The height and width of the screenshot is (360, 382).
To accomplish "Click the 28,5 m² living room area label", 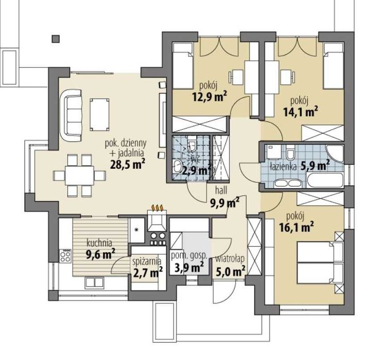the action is coord(128,165).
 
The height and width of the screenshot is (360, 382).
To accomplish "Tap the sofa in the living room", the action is coord(71,115).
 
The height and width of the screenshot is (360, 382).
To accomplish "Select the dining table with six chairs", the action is coord(79,175).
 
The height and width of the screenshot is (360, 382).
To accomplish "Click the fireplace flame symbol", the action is coord(158,208).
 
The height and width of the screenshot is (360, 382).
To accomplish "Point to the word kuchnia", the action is coord(99,243).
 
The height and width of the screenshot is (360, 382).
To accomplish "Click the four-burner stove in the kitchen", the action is coord(65,256).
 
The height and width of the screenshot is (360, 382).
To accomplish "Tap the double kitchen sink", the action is coord(95,282).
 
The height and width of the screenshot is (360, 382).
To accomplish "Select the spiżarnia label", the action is coord(147,261).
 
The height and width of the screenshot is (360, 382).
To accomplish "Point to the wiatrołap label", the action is coord(230,259).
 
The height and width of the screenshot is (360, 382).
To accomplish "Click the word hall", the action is coord(221,190).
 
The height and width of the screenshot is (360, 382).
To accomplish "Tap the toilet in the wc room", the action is coord(192,146).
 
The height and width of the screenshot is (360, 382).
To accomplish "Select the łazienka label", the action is coord(283,167).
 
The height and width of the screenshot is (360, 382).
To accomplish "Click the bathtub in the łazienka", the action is coord(325,181).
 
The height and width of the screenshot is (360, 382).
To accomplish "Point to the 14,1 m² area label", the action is coord(300,112).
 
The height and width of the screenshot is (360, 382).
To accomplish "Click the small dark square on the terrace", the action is coord(56,39).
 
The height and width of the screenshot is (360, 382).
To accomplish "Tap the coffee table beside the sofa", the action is coord(99,114).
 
